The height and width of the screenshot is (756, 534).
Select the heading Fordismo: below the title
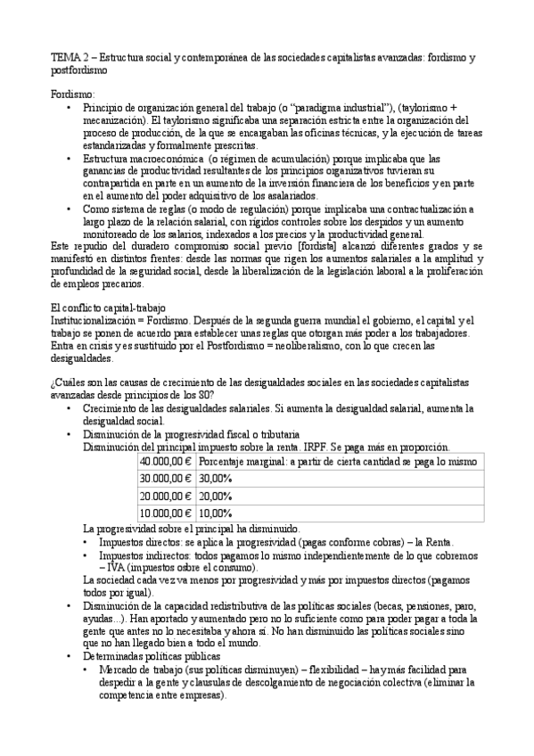[x=72, y=94]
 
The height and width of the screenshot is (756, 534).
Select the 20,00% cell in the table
[x=215, y=496]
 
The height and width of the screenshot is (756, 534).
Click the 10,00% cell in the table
[x=215, y=513]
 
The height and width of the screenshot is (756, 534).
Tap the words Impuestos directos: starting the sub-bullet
[x=143, y=541]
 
